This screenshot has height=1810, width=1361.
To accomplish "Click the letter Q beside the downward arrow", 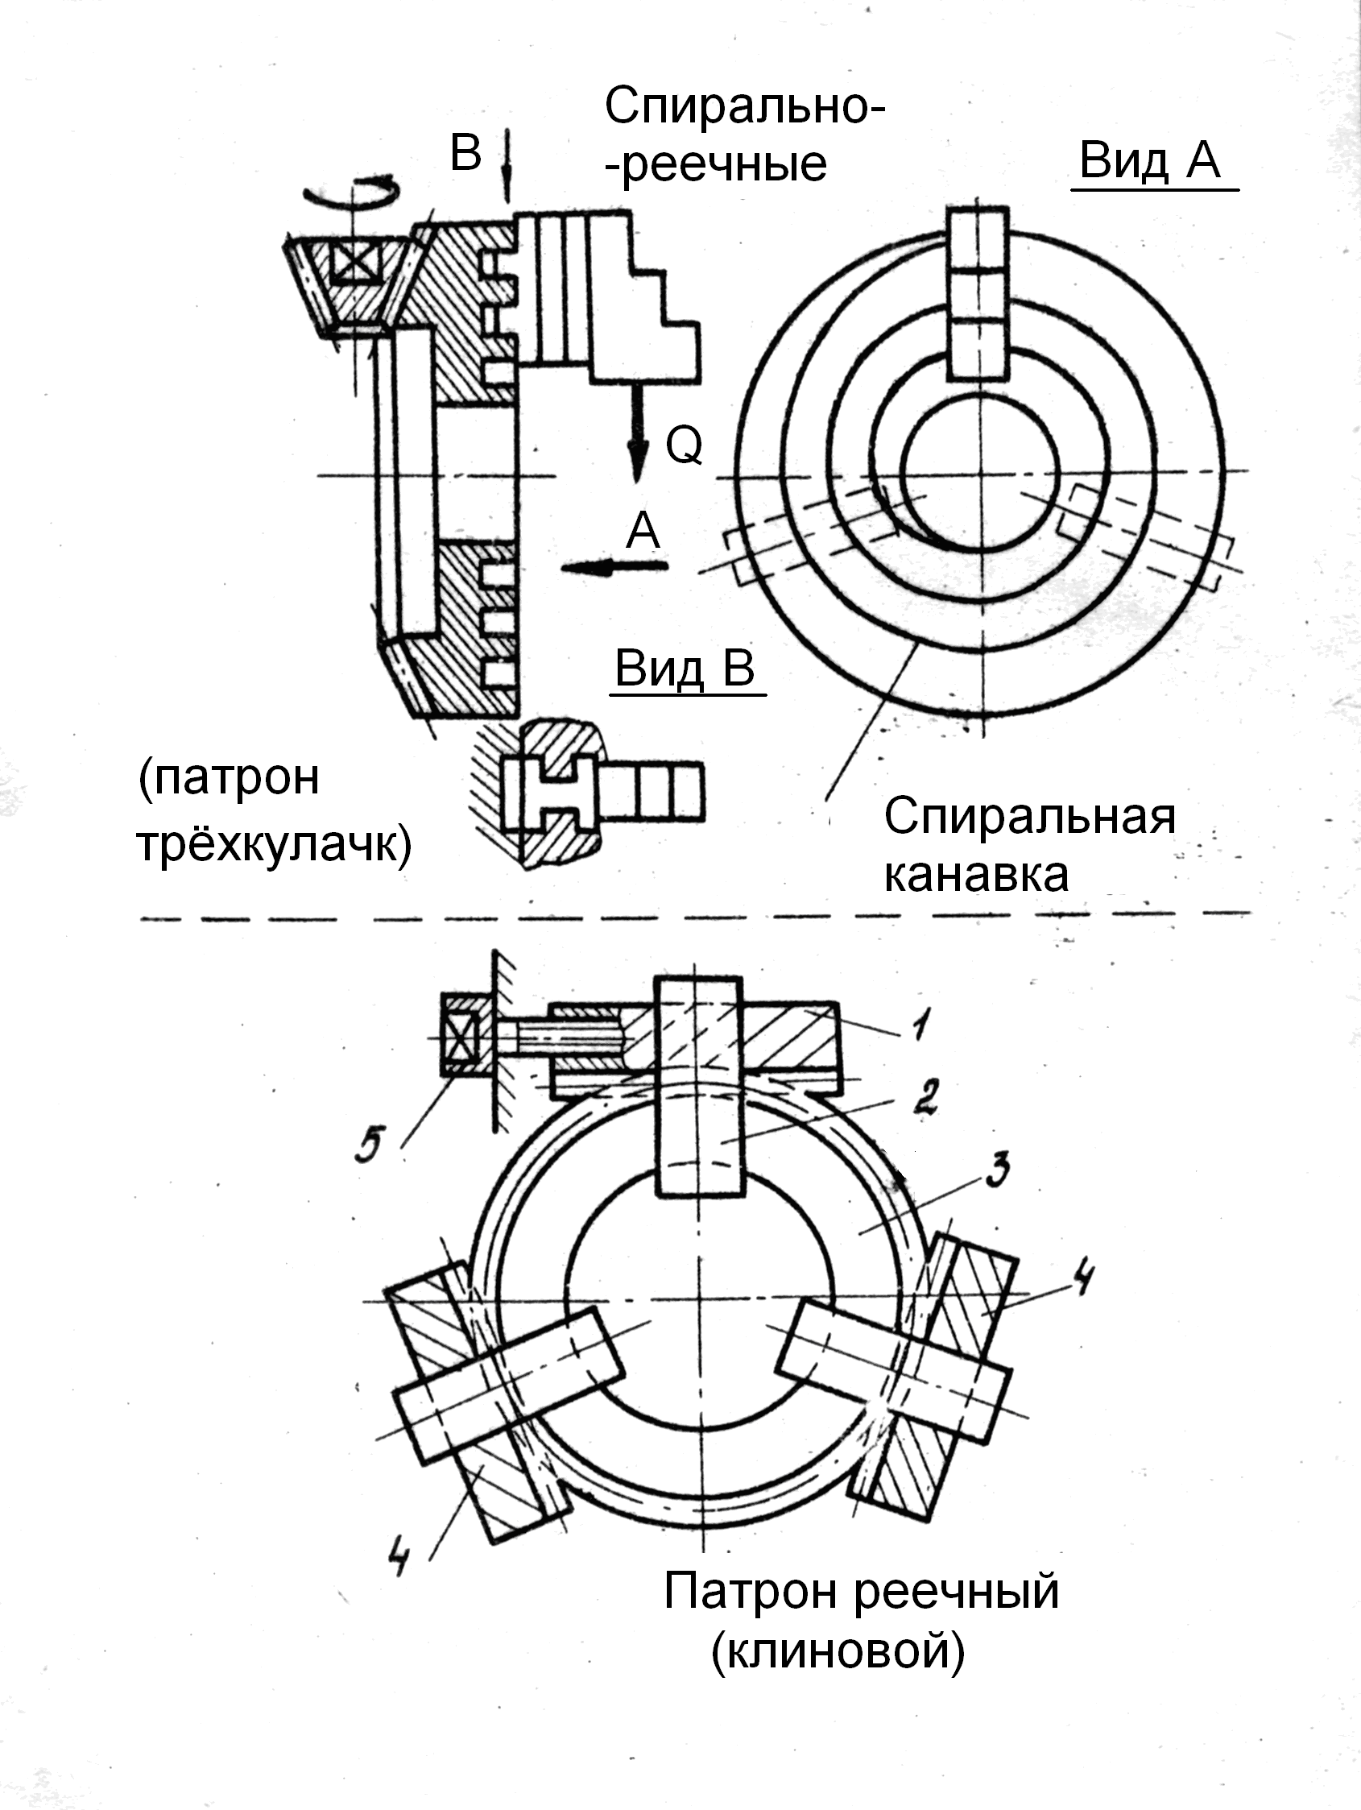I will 684,445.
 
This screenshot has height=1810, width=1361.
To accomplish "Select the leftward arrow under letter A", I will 614,566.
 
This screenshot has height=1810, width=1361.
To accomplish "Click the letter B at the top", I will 466,152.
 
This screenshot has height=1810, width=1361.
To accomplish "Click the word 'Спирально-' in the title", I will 744,107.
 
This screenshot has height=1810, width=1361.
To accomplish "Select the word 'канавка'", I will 976,874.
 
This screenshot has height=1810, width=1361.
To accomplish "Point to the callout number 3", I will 995,1172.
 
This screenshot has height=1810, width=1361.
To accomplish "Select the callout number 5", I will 369,1145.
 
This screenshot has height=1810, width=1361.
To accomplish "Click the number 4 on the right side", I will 1082,1278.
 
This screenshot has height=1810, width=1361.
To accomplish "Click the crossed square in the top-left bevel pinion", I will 357,263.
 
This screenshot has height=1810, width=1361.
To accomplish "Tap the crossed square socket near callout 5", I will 461,1037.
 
